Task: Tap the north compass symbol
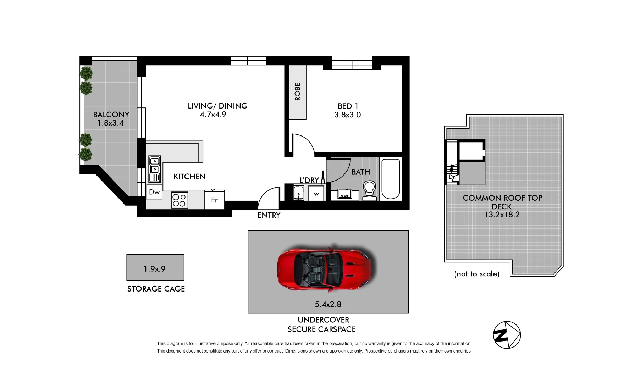(507, 335)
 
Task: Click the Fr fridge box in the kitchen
(214, 200)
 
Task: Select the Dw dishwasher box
(154, 192)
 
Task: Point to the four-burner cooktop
(179, 200)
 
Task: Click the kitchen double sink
(155, 169)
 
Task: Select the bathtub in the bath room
(391, 178)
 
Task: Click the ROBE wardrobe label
(298, 91)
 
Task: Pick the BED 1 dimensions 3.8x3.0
(347, 115)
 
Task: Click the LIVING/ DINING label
(217, 106)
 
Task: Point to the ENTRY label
(269, 215)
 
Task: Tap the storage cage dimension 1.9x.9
(155, 269)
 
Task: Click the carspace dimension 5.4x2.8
(328, 304)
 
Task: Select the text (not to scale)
(476, 274)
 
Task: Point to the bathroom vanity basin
(344, 195)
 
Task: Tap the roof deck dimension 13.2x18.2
(502, 215)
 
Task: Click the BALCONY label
(111, 115)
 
